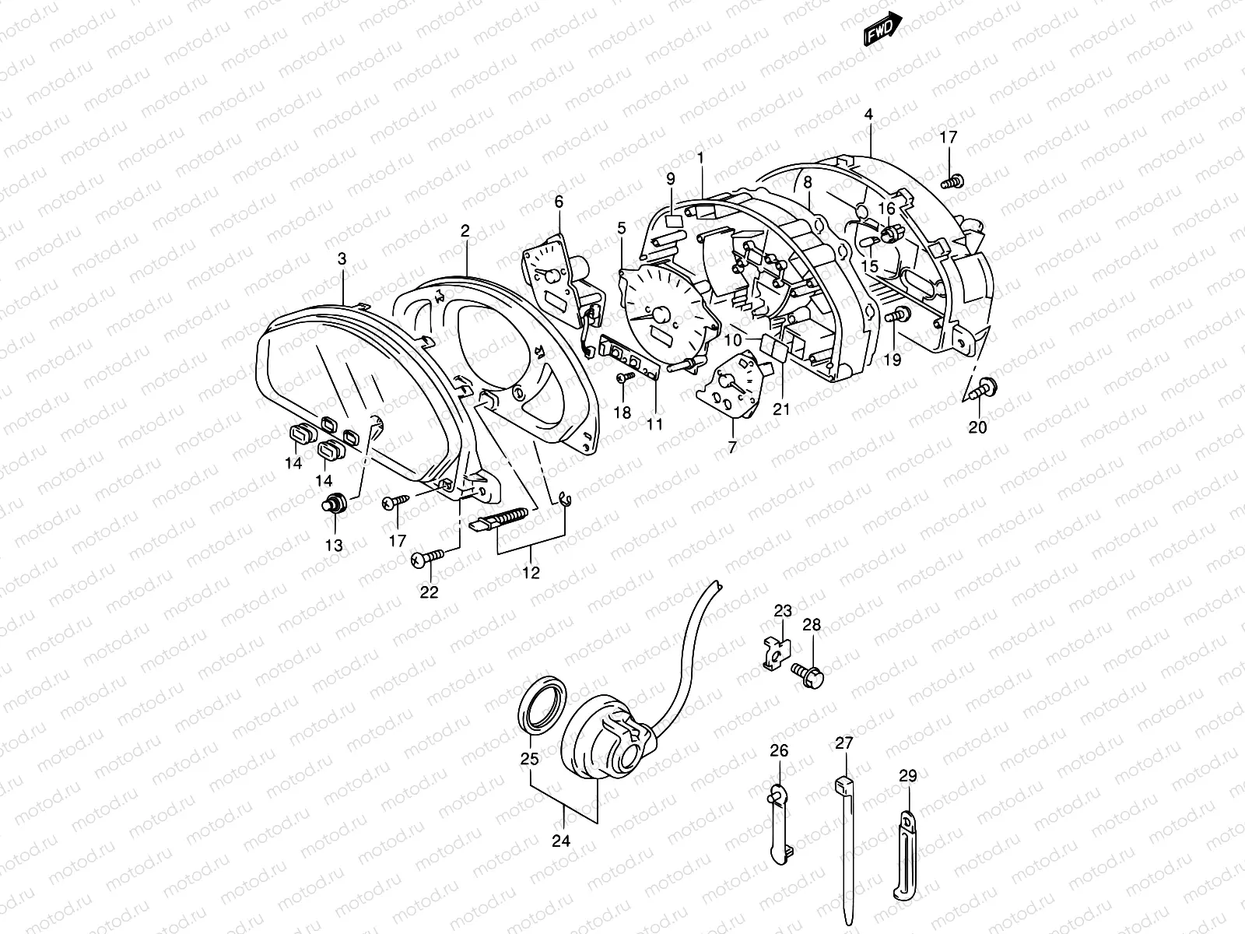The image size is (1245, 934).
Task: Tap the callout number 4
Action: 868,114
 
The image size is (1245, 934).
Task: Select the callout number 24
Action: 562,841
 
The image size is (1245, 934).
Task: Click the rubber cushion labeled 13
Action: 335,504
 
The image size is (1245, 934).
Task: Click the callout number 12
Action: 531,574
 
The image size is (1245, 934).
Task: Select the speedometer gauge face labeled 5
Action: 661,316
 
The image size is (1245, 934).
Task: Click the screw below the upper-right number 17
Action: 952,181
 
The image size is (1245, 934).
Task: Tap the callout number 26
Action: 779,751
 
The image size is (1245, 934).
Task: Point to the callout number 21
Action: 781,409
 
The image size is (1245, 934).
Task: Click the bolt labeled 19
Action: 896,316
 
